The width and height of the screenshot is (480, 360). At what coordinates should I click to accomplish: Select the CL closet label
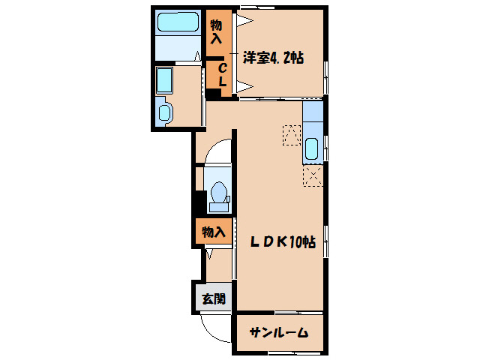tap(223, 75)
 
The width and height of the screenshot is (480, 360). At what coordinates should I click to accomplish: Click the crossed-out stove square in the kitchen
tap(313, 176)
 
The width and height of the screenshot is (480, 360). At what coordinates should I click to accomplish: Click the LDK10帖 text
tap(283, 242)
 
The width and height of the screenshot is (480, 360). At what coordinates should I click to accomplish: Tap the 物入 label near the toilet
tap(212, 232)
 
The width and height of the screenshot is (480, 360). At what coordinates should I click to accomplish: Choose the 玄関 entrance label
tap(212, 298)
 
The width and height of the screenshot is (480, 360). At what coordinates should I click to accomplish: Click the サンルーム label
tap(279, 333)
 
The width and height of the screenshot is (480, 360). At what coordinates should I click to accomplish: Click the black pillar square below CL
tap(214, 94)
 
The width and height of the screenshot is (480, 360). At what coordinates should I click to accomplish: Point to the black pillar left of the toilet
tap(199, 202)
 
